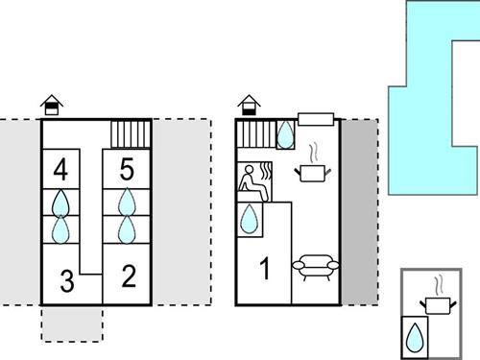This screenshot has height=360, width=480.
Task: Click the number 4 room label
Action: pos(61,172)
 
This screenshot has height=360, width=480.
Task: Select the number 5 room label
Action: pos(126,172)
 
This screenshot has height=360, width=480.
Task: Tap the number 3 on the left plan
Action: pos(65,281)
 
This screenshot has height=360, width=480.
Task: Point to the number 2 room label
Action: pos(129,278)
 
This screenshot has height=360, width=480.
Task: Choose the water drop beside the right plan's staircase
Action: pos(286,135)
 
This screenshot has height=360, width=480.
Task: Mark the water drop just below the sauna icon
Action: pos(250,218)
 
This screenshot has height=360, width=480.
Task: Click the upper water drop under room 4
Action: pos(61,203)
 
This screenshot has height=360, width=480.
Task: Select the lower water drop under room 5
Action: pos(126,228)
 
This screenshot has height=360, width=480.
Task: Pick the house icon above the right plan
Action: pos(250,104)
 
